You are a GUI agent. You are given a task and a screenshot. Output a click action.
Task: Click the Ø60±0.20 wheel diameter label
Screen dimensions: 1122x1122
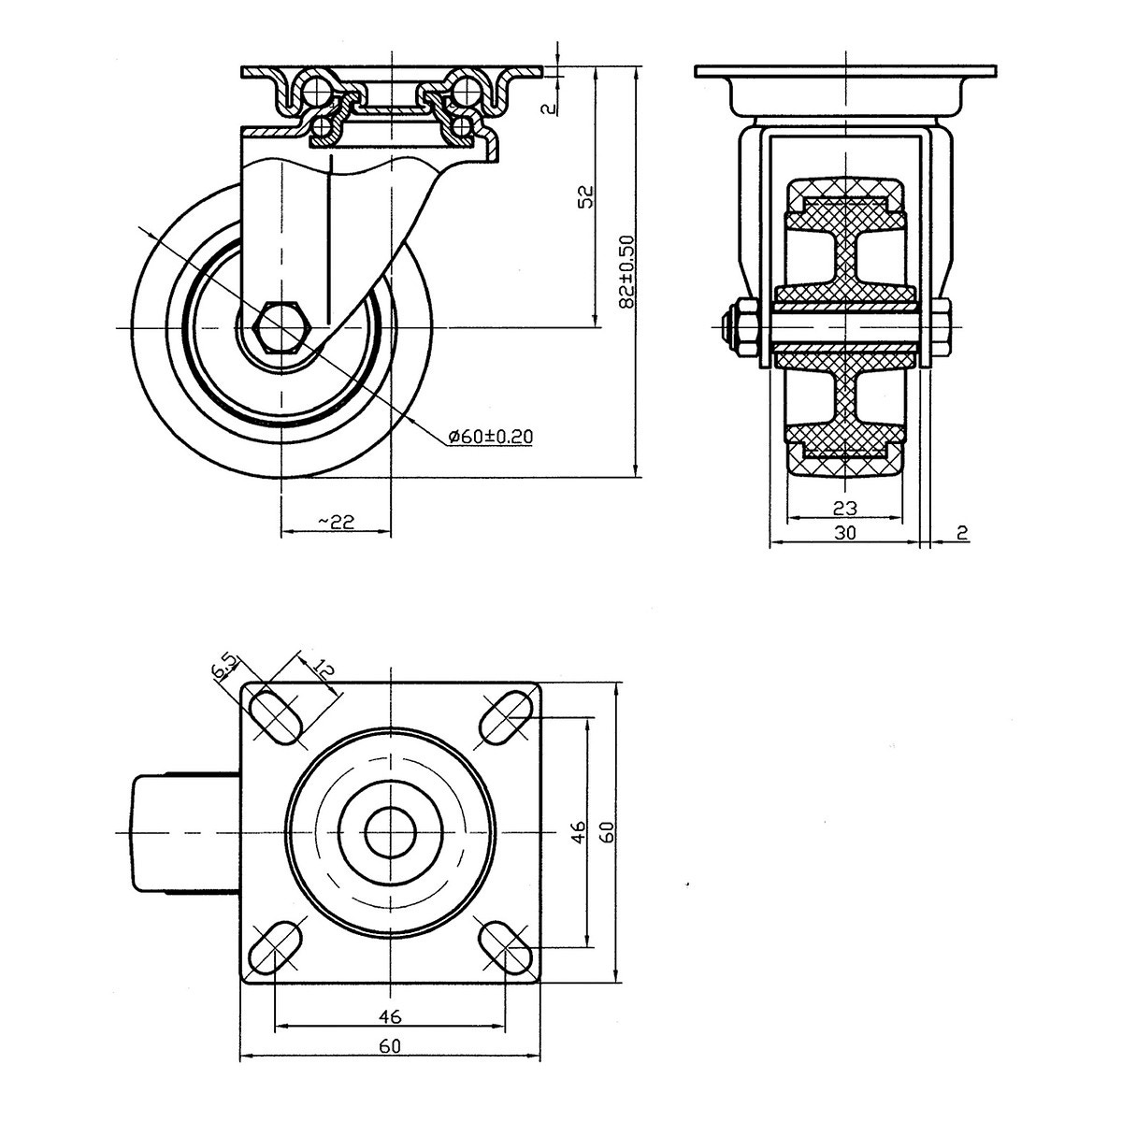coord(491,436)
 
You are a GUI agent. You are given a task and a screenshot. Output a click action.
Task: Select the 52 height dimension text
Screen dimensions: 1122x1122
coord(587,196)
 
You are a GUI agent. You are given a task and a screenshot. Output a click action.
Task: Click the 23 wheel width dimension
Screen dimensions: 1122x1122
coord(845,509)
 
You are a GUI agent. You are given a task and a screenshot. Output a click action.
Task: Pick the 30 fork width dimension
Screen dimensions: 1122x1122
coord(845,532)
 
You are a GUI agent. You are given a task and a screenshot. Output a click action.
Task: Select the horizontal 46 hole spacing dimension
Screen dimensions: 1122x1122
coord(390,1032)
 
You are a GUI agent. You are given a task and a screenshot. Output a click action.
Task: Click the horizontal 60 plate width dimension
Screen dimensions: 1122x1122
coord(390,1062)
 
